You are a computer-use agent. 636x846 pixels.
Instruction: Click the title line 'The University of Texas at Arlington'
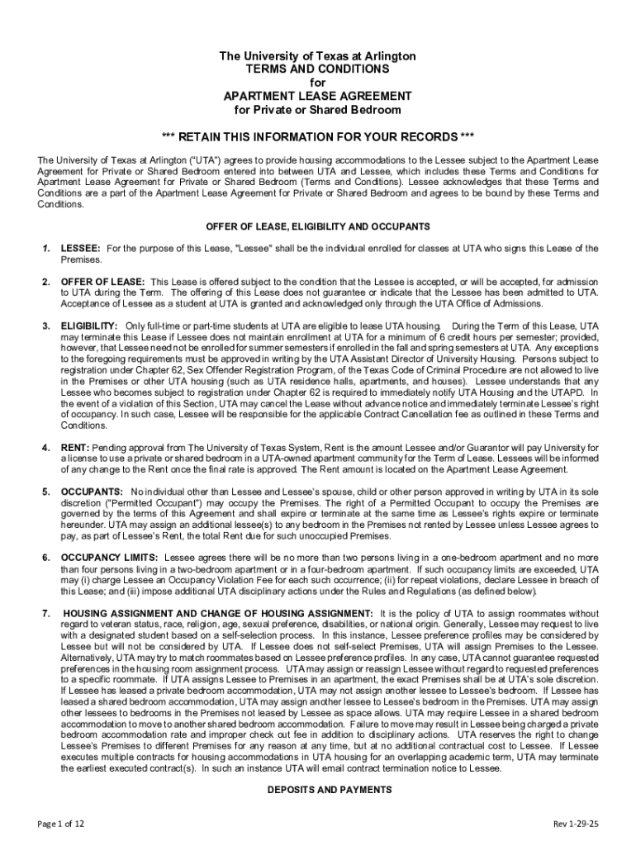coord(317,56)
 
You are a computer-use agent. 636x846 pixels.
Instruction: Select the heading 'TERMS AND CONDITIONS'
coord(317,69)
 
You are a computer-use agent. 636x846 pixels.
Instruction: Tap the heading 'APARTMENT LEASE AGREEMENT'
coord(317,97)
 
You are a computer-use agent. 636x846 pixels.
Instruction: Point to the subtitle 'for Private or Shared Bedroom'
coord(317,110)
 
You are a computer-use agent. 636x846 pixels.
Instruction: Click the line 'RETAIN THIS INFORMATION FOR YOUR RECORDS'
coord(317,136)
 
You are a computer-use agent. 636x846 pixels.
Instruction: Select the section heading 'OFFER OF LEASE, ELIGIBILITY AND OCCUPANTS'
coord(317,226)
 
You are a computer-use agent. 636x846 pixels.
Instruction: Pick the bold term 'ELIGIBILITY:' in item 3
coord(88,326)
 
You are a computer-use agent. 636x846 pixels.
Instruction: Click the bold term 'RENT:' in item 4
coord(75,447)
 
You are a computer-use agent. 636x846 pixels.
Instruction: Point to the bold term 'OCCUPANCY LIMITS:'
coord(109,557)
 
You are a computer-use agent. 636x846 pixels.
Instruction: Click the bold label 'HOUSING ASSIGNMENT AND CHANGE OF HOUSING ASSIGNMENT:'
coord(219,613)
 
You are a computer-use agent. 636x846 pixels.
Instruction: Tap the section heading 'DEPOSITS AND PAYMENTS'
coord(317,790)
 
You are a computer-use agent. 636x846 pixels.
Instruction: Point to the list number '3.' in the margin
coord(46,326)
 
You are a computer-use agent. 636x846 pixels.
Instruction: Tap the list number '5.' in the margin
coord(46,492)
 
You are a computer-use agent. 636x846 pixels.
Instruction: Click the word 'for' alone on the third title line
coord(317,83)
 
